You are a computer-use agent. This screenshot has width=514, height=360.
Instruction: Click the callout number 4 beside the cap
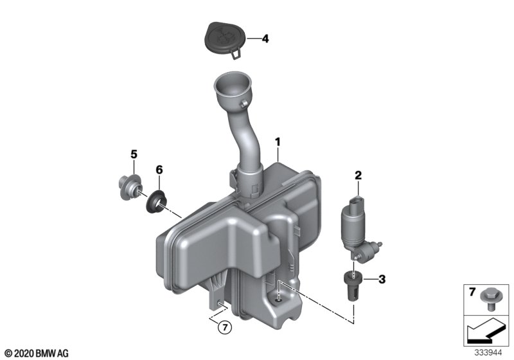[265, 39]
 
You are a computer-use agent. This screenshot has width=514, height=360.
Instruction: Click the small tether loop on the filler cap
[236, 55]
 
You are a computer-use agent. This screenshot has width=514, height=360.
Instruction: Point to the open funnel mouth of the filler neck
[233, 81]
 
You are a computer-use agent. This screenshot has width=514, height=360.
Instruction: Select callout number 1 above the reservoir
[278, 142]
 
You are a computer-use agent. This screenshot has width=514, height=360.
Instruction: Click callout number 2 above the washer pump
[358, 175]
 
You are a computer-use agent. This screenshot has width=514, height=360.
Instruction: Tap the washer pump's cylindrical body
[352, 226]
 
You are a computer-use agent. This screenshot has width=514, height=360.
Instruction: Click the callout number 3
[382, 280]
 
